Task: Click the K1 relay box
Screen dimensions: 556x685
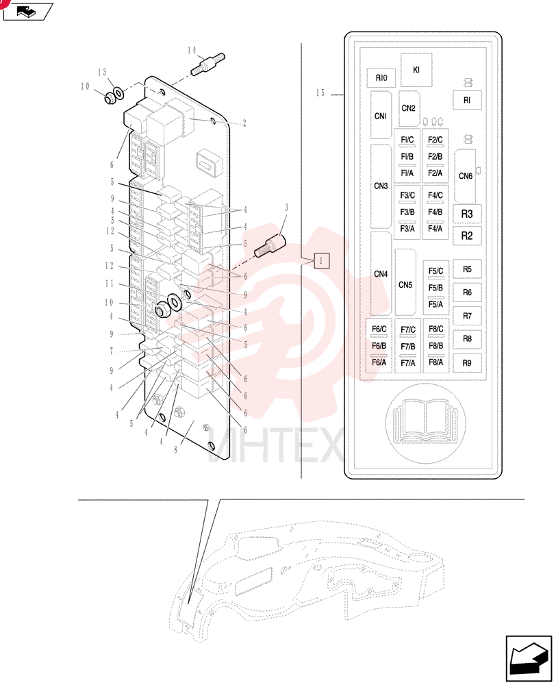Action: (x=416, y=70)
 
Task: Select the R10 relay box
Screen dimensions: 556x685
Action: (x=381, y=78)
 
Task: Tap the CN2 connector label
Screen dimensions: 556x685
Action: (x=408, y=108)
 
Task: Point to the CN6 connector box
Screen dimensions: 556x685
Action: (x=465, y=175)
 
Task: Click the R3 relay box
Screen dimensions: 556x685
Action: (x=467, y=214)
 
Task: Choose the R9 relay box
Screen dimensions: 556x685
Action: (x=467, y=363)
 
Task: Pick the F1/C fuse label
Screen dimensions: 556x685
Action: (x=407, y=140)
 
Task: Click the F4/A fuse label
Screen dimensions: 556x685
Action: (x=435, y=229)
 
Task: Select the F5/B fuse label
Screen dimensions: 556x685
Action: (x=435, y=288)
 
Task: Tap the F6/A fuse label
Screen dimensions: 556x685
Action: (x=379, y=362)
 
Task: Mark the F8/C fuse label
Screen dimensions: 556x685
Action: (x=436, y=329)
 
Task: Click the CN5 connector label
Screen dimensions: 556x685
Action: (x=405, y=285)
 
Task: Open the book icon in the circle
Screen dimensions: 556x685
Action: (x=425, y=422)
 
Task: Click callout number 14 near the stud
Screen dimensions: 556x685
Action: (x=192, y=50)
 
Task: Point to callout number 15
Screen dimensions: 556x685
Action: (x=320, y=92)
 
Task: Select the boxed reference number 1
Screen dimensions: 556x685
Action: (x=321, y=261)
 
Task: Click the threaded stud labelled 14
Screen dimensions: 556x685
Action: (x=208, y=64)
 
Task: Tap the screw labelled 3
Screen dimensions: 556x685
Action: (x=270, y=245)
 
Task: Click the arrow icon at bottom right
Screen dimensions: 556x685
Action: (x=529, y=658)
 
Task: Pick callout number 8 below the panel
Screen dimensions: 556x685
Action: (x=176, y=449)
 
